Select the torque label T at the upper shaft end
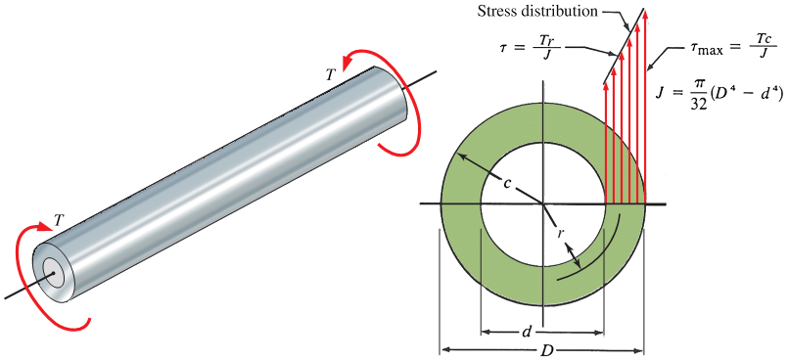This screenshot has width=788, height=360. (330, 75)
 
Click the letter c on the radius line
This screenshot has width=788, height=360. (508, 183)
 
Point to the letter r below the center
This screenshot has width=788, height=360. (560, 234)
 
